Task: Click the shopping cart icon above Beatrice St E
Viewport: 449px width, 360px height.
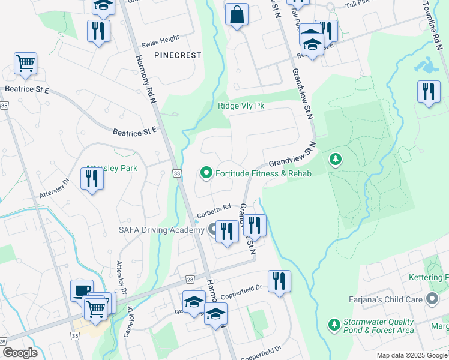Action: point(25,64)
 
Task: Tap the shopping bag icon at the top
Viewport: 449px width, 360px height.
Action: point(237,14)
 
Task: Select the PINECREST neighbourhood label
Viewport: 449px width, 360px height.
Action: point(177,55)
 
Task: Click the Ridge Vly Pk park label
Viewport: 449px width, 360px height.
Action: point(241,106)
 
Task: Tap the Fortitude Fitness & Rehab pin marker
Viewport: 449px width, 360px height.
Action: point(206,173)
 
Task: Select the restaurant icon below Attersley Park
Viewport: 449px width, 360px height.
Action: point(92,179)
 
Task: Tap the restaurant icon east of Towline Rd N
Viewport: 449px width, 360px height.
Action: point(428,92)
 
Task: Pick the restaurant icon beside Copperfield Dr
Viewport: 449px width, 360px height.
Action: point(279,281)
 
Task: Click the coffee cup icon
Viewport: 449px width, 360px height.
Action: point(82,290)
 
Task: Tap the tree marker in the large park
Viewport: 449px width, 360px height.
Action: point(335,160)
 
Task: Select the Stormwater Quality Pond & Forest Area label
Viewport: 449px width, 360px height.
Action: point(378,326)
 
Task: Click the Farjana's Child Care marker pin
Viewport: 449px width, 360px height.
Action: point(432,298)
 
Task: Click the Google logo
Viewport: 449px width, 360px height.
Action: point(20,353)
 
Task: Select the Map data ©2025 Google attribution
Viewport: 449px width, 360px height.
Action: point(412,355)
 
